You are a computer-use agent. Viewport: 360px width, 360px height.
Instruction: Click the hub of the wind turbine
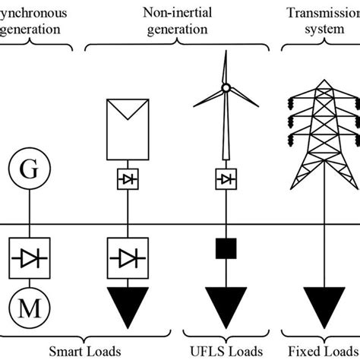(225, 88)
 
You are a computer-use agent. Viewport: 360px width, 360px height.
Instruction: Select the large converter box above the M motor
(28, 259)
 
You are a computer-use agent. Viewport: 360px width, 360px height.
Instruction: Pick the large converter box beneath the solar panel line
(127, 259)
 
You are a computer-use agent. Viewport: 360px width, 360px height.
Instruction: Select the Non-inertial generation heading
(175, 21)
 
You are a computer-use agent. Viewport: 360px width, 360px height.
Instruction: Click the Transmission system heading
(321, 21)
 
